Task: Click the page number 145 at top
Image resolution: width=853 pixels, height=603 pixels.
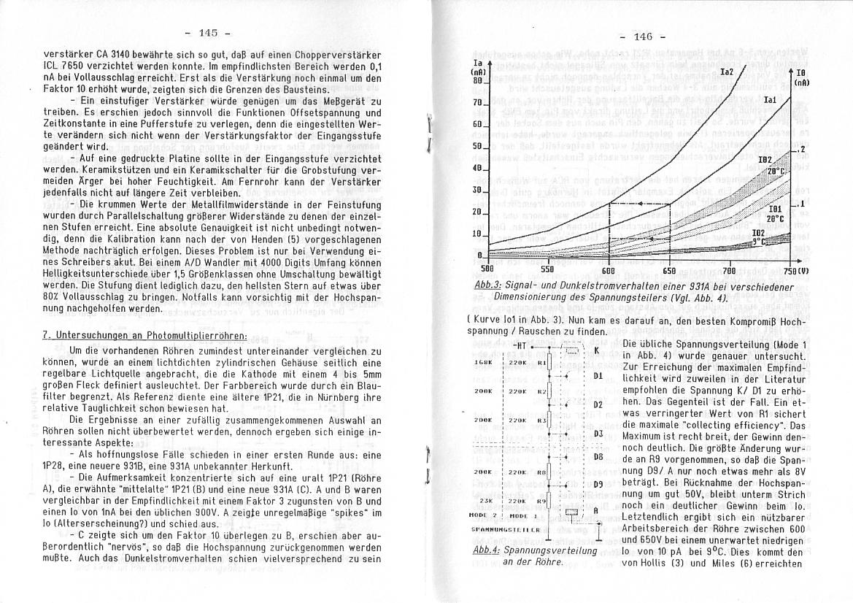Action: (x=208, y=33)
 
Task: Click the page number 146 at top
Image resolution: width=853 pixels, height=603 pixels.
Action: (x=643, y=37)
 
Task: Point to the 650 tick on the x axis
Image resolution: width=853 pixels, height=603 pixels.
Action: (x=669, y=269)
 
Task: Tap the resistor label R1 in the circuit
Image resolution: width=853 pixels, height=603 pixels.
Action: (x=541, y=362)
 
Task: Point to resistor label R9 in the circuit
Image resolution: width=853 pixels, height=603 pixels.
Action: (x=541, y=502)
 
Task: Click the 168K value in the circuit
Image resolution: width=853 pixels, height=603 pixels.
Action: (x=485, y=362)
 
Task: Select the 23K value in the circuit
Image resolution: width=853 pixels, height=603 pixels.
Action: (x=485, y=502)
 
